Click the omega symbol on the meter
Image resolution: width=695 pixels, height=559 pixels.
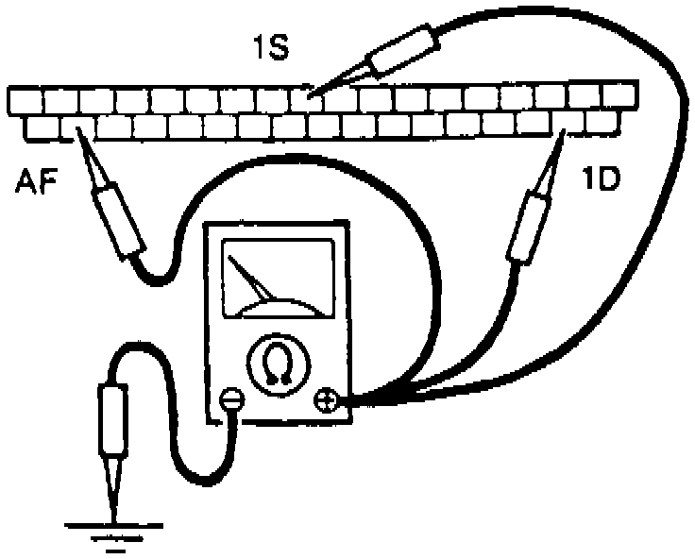point(276,364)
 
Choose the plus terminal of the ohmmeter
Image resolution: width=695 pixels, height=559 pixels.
point(327,400)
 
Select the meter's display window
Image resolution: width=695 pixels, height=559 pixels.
point(278,274)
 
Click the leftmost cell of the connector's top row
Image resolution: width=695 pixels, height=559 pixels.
point(24,98)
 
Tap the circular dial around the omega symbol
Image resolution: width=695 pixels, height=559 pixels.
point(276,364)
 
